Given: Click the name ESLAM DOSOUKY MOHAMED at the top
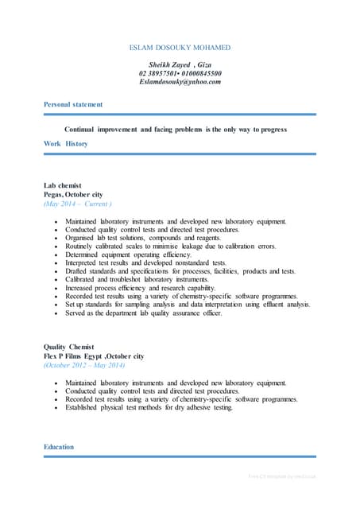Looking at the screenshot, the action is point(179,48).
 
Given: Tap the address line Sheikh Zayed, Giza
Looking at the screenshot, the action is point(180,64).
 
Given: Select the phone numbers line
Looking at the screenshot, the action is point(180,73).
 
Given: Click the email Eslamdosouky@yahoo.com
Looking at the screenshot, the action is point(180,82).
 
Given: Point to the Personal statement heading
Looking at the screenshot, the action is point(73,104).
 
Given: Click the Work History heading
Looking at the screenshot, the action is point(66,143).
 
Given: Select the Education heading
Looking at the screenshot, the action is point(59,447).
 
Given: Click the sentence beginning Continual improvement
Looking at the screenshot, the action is point(175,128).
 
